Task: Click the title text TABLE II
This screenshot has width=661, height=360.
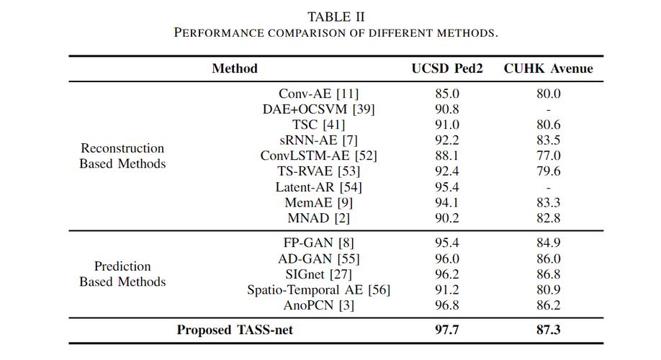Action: pos(336,17)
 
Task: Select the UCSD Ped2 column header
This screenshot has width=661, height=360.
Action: pos(447,68)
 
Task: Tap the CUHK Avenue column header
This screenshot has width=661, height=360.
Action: pos(548,68)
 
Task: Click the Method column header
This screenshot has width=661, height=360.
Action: pos(235,68)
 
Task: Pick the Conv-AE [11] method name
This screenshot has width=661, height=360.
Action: pos(318,94)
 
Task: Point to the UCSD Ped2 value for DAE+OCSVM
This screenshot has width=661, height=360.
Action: pos(447,109)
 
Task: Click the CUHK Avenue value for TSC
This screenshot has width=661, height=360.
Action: pos(549,125)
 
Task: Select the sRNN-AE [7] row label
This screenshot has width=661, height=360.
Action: pos(318,140)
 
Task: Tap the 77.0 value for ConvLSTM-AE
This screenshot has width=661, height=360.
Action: pos(549,156)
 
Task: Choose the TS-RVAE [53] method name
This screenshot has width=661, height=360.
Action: pos(318,171)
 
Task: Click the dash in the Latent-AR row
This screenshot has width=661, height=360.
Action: pos(549,188)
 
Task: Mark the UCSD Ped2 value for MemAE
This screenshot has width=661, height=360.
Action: pos(447,202)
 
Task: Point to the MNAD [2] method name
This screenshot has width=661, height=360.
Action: pos(318,218)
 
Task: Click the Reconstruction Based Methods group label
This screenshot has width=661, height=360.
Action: pos(122,156)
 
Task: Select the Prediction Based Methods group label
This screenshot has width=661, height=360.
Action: pos(122,274)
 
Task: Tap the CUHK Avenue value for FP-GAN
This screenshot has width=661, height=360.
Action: pos(549,243)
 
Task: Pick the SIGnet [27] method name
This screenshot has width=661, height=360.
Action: pos(318,274)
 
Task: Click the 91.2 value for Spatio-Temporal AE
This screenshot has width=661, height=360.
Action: pos(447,289)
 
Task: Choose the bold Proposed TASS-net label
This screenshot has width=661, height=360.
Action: pos(235,330)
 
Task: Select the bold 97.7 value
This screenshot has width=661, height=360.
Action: pos(447,330)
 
